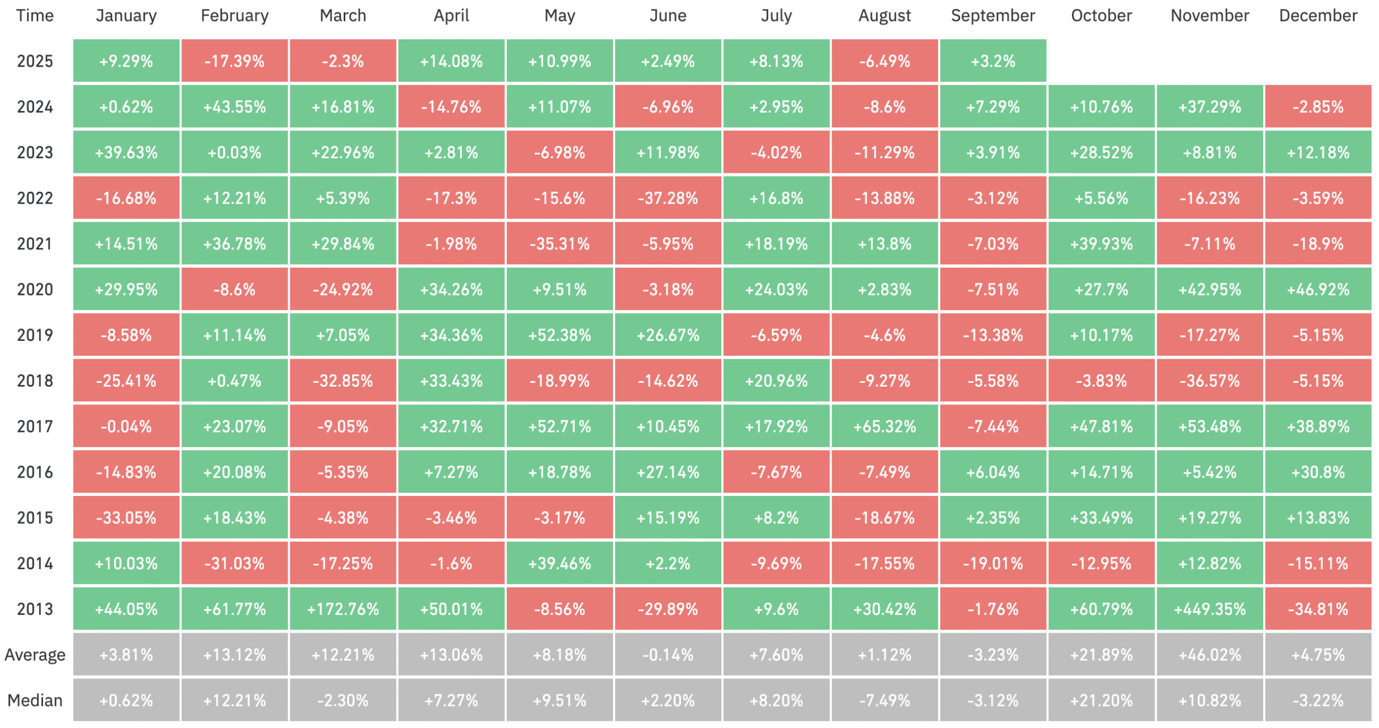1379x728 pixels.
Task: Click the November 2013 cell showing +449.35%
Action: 1209,609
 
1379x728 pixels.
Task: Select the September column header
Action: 993,16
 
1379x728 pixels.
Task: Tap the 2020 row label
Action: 35,290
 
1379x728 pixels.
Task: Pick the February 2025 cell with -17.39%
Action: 234,61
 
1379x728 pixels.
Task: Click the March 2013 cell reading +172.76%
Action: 343,609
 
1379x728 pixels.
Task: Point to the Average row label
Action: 35,655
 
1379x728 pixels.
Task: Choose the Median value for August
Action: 884,701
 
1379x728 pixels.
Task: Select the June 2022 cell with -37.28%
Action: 668,198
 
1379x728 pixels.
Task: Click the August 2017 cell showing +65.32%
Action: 884,426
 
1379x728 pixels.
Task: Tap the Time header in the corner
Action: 35,16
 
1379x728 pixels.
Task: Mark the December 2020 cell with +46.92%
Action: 1318,290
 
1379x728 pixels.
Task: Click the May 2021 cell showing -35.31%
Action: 560,244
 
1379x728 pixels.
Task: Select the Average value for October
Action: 1102,655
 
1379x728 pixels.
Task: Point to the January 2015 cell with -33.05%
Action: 126,518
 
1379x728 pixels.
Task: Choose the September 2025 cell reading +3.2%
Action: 993,61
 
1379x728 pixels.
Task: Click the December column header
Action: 1318,16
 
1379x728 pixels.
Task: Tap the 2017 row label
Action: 35,426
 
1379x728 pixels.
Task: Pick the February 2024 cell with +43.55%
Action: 234,107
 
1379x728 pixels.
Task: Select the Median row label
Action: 35,701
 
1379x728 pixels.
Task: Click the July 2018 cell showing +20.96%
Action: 776,381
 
